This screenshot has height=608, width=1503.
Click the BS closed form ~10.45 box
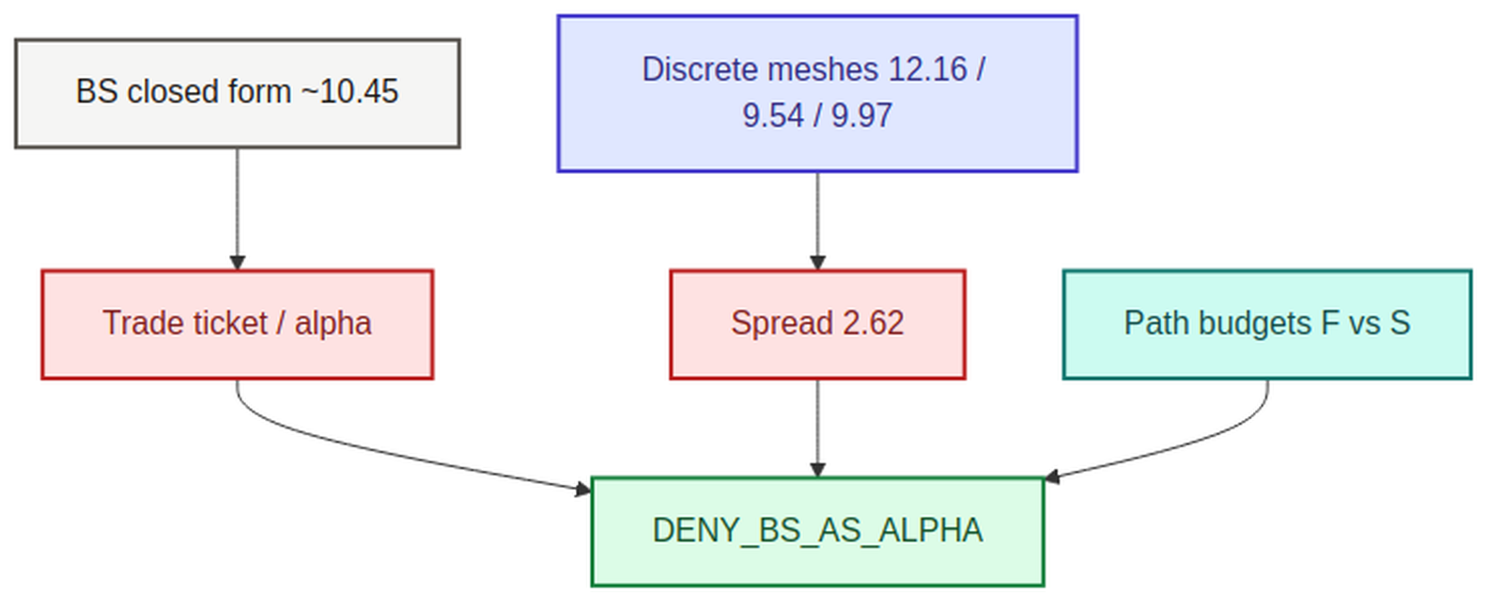pos(238,93)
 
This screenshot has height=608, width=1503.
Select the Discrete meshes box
pos(817,93)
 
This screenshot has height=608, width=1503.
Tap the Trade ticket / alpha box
pos(238,325)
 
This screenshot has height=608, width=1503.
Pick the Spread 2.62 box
pos(817,325)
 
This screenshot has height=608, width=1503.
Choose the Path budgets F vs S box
pos(1267,325)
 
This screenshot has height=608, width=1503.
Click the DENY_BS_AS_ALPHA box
pos(817,532)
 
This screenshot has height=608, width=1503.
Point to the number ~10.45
pos(349,91)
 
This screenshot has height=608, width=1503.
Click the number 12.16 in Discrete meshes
pos(928,70)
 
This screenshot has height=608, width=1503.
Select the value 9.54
pos(773,116)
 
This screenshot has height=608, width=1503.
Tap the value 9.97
pos(862,116)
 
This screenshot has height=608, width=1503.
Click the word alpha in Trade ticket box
pos(333,323)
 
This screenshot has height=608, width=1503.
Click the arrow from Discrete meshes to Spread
pos(817,222)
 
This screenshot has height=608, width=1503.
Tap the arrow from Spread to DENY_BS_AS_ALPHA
pos(817,429)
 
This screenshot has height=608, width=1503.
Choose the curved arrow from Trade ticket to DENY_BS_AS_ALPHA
pos(376,450)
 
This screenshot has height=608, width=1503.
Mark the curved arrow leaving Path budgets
pos(1181,446)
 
